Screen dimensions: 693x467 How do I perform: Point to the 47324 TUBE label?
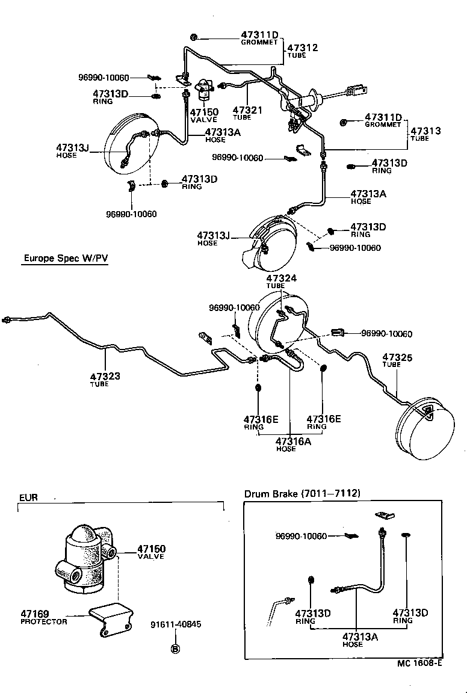coord(282,282)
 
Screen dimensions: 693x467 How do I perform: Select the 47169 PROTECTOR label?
coord(43,617)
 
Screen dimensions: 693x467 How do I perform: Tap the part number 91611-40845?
coord(176,624)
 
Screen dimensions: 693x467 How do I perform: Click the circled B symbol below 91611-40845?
coord(175,648)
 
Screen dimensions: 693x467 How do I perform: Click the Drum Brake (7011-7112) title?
coord(302,494)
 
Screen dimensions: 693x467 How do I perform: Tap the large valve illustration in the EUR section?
coord(84,556)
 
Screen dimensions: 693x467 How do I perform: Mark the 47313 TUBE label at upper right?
coord(425,133)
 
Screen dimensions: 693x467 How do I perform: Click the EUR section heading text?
coord(28,497)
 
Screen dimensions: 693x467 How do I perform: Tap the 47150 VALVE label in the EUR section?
coord(151,552)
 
